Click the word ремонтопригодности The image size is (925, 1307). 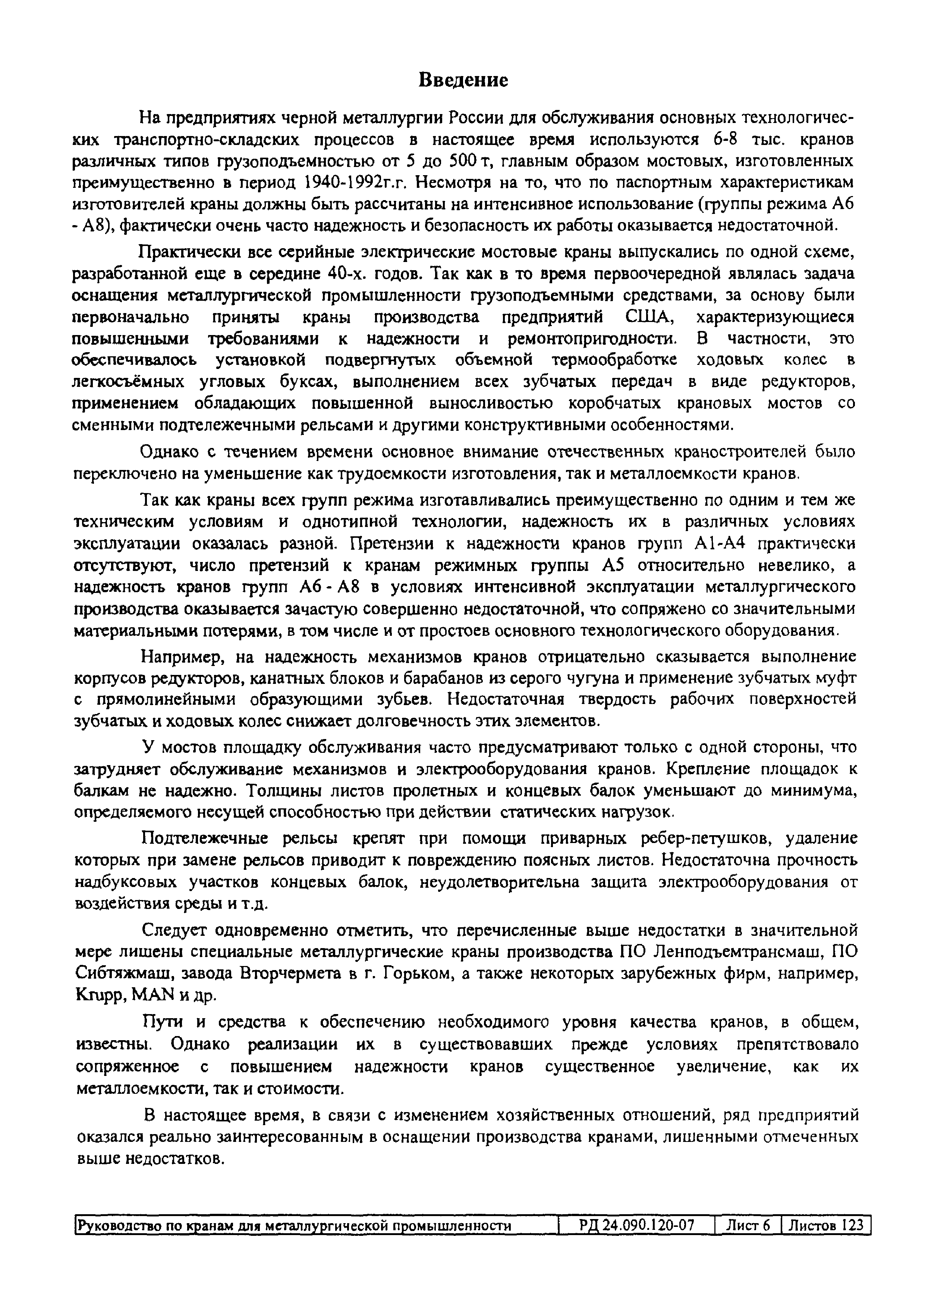[x=592, y=339]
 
